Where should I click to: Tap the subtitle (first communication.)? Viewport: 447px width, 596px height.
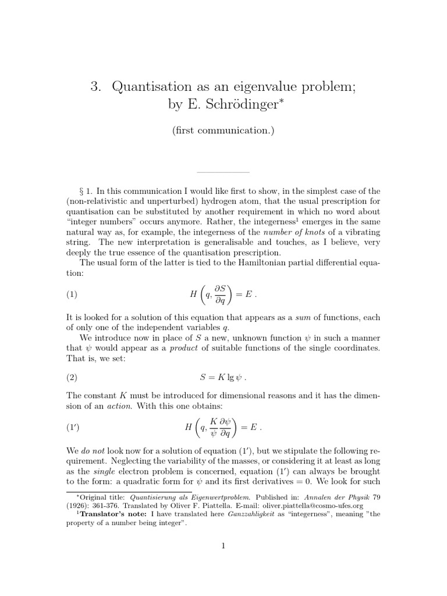tap(223, 130)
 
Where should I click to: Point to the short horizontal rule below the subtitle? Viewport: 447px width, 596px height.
tap(223, 172)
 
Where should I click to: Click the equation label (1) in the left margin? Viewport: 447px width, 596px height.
tap(72, 295)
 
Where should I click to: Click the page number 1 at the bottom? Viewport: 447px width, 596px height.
tap(223, 545)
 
